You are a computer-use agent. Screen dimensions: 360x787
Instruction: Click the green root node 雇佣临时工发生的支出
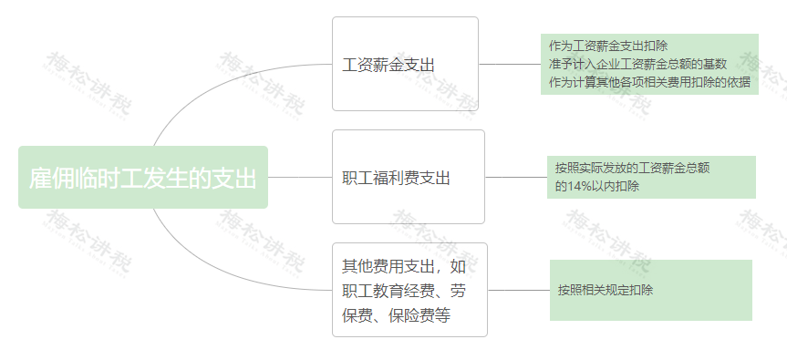[x=143, y=177]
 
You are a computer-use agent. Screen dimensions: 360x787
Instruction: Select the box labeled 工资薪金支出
[x=405, y=65]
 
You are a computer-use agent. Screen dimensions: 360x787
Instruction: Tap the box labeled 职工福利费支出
[x=408, y=177]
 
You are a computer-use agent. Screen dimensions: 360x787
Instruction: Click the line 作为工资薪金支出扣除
[x=608, y=46]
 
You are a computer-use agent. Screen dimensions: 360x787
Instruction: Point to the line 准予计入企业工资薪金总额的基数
[x=637, y=64]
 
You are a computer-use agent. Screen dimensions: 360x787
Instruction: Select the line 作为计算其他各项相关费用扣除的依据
[x=649, y=82]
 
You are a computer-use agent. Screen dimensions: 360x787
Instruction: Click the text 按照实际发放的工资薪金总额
[x=633, y=168]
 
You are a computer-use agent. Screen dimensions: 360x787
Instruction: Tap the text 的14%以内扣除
[x=597, y=186]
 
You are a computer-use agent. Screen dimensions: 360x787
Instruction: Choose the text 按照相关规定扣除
[x=606, y=291]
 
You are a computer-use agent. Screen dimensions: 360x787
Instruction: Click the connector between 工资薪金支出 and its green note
[x=510, y=65]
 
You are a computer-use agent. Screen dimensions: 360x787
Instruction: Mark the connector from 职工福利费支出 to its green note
[x=515, y=177]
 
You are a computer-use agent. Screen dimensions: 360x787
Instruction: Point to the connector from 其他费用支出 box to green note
[x=518, y=291]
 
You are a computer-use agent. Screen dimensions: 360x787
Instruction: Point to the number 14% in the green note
[x=580, y=186]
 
